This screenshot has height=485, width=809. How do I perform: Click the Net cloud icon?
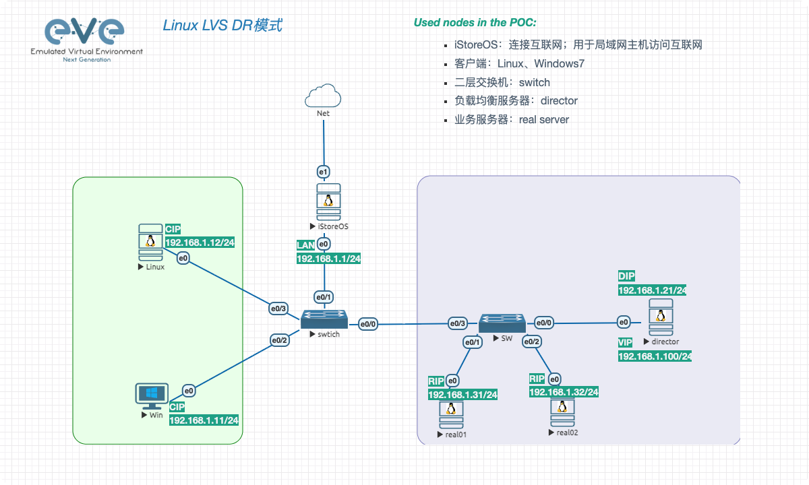[323, 95]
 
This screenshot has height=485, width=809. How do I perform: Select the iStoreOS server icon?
[328, 201]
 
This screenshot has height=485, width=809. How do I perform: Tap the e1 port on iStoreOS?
[324, 172]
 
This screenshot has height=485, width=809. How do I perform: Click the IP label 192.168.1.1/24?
[328, 259]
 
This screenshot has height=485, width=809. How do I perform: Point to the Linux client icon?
[150, 243]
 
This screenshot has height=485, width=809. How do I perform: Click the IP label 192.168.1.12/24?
[200, 243]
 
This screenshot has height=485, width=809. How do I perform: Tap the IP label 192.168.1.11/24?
[204, 420]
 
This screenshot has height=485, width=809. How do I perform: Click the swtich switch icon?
[324, 319]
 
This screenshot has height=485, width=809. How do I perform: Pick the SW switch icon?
[502, 323]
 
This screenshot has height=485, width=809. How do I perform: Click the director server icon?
[661, 318]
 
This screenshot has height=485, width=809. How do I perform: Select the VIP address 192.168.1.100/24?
[655, 356]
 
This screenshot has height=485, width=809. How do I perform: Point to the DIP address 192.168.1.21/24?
[652, 290]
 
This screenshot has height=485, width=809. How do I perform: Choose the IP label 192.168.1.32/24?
[564, 392]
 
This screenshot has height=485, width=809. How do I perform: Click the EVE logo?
[86, 39]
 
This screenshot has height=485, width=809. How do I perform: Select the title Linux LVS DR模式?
[222, 26]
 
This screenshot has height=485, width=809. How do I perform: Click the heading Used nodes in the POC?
[475, 23]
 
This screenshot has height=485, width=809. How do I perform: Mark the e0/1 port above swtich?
[324, 297]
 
